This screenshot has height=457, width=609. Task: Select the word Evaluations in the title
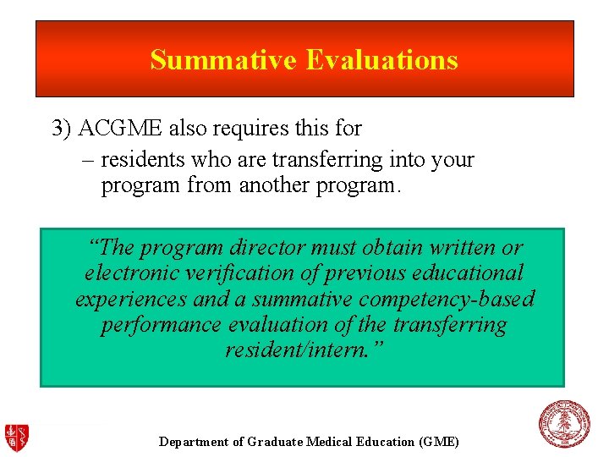coord(381,60)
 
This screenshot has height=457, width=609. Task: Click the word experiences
coord(133,299)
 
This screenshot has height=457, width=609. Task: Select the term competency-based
coord(447,299)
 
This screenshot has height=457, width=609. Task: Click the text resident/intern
coord(304,350)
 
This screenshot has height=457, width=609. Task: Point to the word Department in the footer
coord(193,442)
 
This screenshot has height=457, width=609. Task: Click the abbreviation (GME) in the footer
coord(438,442)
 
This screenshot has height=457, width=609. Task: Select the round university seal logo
coord(564,424)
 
